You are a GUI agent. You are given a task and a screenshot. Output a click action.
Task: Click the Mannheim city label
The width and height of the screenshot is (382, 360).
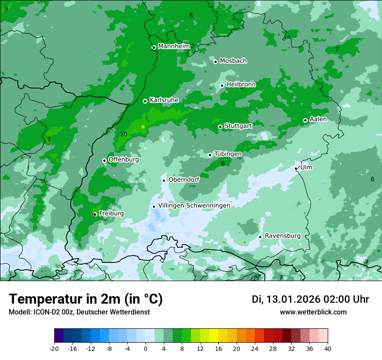(174, 46)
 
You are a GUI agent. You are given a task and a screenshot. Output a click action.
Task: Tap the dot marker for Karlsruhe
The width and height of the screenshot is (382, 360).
(145, 101)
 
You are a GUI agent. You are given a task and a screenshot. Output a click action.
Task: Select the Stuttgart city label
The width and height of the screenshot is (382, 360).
(238, 126)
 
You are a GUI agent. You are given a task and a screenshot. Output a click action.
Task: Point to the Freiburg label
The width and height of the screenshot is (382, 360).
(111, 213)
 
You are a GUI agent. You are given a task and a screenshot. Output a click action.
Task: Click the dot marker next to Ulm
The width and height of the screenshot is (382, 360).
(296, 168)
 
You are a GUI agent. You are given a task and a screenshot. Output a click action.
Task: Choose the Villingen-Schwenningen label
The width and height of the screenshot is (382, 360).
(194, 206)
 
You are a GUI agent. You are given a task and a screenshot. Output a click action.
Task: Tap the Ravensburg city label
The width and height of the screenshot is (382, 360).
(283, 236)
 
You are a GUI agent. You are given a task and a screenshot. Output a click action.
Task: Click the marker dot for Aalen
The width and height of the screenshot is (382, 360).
(305, 120)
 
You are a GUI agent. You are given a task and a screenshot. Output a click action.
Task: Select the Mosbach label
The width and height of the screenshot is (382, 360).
(233, 61)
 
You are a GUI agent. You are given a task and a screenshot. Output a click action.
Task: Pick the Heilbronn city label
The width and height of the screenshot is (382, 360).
(241, 85)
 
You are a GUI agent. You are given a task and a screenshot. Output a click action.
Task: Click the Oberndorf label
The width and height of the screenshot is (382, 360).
(184, 180)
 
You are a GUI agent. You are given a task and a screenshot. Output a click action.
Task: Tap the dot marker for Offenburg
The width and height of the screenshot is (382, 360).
(104, 160)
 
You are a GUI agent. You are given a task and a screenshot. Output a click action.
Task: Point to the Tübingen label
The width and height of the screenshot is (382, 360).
(228, 154)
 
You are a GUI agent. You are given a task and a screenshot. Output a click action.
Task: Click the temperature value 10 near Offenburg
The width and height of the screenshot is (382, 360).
(124, 134)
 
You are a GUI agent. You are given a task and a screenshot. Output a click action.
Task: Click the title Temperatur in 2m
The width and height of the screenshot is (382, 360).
(86, 299)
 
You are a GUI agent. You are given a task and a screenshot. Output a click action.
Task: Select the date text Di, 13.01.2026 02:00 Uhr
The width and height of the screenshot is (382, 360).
(310, 299)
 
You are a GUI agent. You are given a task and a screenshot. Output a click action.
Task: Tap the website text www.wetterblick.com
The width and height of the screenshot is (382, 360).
(313, 312)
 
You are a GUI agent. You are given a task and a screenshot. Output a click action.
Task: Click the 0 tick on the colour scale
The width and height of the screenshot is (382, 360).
(145, 348)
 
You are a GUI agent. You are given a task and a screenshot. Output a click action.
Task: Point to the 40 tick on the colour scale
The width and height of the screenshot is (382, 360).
(327, 348)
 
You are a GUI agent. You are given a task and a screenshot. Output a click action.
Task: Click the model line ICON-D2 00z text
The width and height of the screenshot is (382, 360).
(79, 312)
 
